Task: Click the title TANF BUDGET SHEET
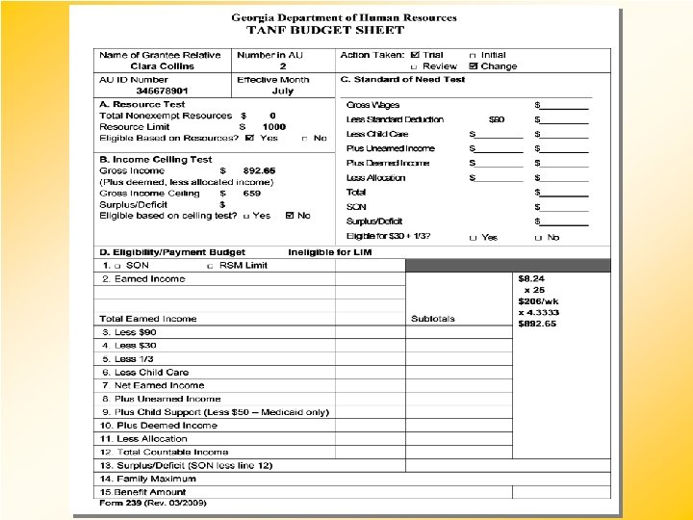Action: tap(319, 30)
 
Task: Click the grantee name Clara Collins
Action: tap(162, 66)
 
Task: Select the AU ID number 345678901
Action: tap(161, 91)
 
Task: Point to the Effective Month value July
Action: tap(282, 91)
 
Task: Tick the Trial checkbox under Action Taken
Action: tap(415, 55)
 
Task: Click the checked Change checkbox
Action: tap(473, 66)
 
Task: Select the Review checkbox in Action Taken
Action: tap(414, 66)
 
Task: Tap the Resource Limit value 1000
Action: tap(274, 126)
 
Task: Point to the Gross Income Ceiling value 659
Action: tap(252, 193)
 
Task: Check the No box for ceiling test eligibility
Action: tap(290, 216)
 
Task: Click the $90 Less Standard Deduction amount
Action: tap(496, 119)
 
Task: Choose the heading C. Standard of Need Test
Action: tap(402, 79)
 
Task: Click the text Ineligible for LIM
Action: tap(329, 251)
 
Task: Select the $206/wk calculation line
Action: tap(537, 300)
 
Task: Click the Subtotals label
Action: tap(433, 319)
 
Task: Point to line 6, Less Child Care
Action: tap(145, 372)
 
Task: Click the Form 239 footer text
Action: tap(154, 503)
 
